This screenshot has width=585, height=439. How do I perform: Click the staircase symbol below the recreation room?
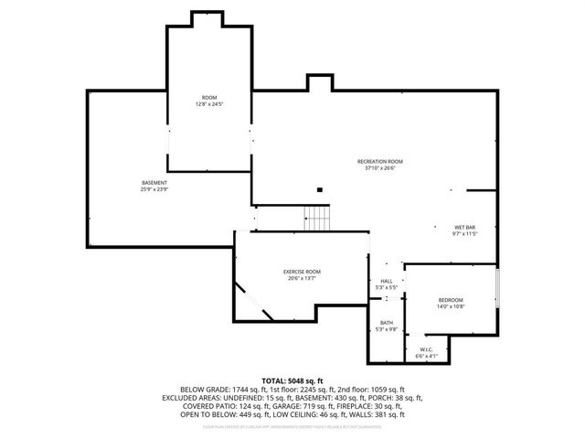[x=316, y=219]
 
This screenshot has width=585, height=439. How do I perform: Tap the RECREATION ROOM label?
[x=379, y=162]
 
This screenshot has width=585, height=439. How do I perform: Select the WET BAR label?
[x=465, y=227]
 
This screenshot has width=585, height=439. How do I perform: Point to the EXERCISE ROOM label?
[x=301, y=272]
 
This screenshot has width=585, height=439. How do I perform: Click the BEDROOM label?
[x=450, y=301]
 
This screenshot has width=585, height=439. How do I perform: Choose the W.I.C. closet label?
[x=428, y=349]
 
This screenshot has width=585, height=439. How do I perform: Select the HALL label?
[x=387, y=282]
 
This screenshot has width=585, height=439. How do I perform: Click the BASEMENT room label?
[x=154, y=183]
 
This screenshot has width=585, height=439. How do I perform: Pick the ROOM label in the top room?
[x=209, y=98]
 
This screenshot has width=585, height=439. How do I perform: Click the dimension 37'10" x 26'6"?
[x=379, y=168]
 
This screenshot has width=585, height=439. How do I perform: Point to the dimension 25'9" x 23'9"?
[x=154, y=189]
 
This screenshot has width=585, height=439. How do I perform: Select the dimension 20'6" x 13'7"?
[x=301, y=278]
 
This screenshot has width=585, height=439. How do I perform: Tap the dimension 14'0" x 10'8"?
[x=450, y=307]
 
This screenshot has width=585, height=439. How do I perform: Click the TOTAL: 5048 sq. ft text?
[x=292, y=380]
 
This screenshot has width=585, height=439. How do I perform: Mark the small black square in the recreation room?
[x=319, y=190]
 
